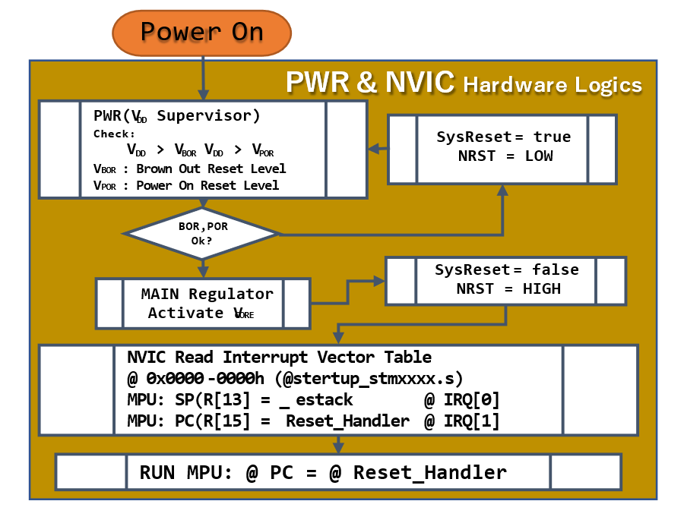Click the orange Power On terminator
(201, 33)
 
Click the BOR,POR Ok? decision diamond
(201, 234)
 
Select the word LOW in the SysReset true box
(539, 156)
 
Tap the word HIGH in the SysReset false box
(542, 288)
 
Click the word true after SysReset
(553, 137)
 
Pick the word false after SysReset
(556, 269)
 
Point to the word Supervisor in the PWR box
(208, 116)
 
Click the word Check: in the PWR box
(114, 134)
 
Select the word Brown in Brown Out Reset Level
(154, 169)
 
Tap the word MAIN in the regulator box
(160, 295)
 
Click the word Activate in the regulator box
(185, 313)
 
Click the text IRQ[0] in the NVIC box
(471, 400)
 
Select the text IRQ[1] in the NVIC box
(471, 421)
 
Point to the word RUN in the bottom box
(157, 473)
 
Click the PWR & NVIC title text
(370, 82)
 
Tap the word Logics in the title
(608, 85)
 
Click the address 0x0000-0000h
(205, 378)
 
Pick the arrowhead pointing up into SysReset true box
(502, 189)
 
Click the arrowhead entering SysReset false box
(379, 281)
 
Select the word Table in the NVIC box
(408, 357)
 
